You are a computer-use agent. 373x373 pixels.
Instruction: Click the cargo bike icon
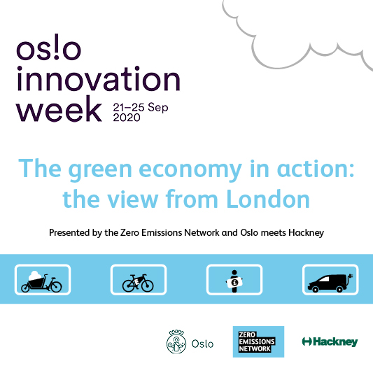coord(41,283)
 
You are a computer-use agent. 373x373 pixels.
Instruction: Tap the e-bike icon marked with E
coord(138,283)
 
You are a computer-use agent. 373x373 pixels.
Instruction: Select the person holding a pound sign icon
coord(234,281)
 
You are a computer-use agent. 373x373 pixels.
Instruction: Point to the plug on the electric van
coord(351,276)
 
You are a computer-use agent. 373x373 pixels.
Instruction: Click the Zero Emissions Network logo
coord(258,342)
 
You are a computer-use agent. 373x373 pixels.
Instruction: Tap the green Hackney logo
coord(330,342)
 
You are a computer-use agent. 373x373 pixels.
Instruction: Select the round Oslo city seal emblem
coord(176,342)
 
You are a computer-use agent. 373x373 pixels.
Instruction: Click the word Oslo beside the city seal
coord(202,344)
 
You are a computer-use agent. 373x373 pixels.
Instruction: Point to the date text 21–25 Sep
coord(141,107)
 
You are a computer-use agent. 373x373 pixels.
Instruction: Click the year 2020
coord(127,118)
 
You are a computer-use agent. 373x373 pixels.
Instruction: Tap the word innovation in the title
coord(99,78)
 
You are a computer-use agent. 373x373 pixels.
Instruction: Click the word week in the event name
coord(59,108)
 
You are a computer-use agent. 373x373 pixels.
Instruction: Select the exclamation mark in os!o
coord(56,47)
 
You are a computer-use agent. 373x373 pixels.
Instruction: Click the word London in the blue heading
coord(268,199)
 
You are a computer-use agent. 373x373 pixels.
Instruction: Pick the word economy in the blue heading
coord(190,170)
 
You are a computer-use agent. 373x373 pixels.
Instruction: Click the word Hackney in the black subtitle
coord(306,232)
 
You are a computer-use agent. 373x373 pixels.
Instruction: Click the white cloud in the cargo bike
coord(35,276)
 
